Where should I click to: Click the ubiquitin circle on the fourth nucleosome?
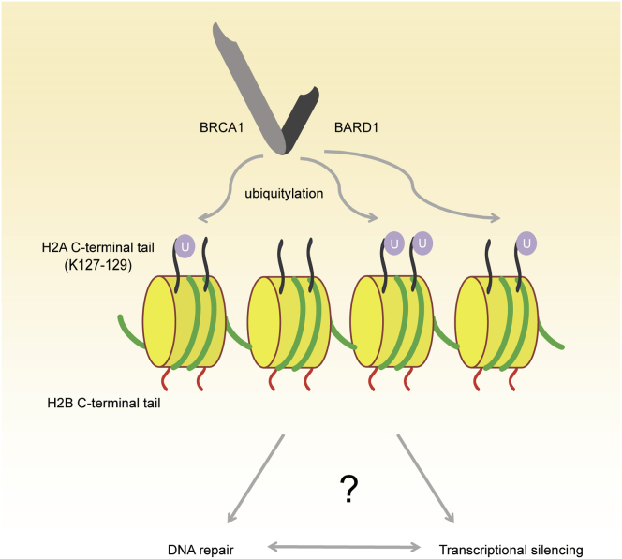(527, 243)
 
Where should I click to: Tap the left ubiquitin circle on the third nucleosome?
(396, 244)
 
